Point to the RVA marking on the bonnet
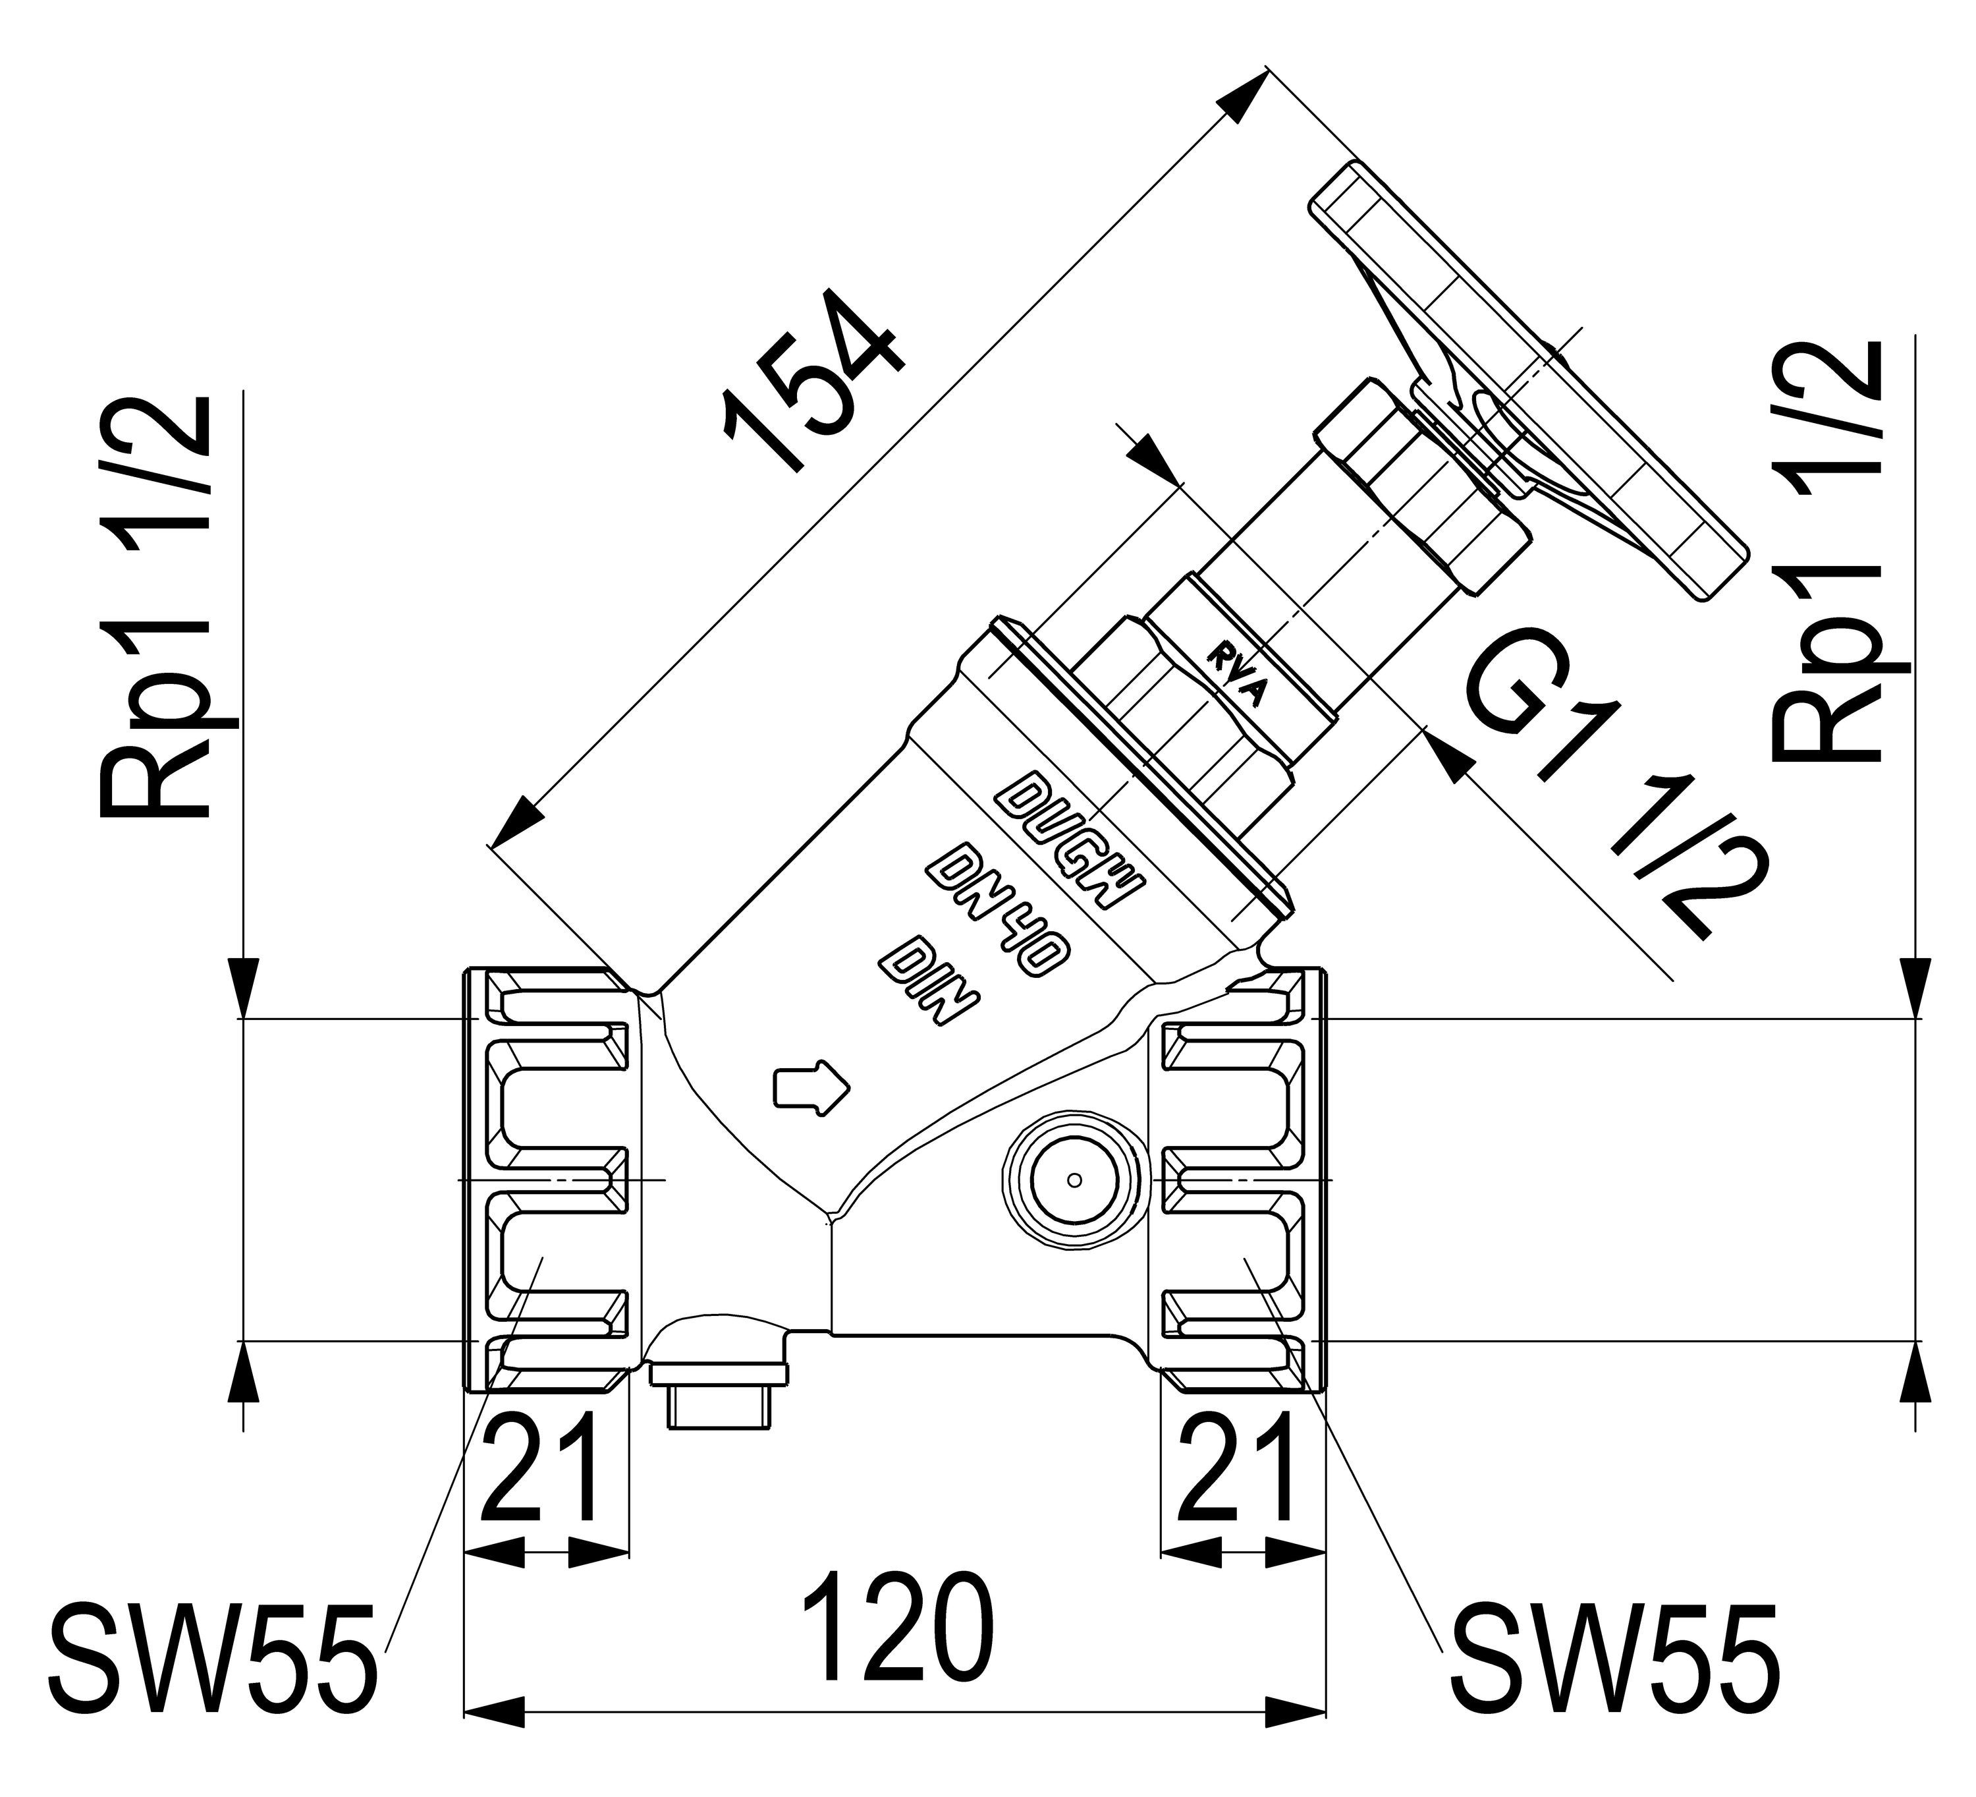(1238, 677)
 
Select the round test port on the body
(1074, 1180)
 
